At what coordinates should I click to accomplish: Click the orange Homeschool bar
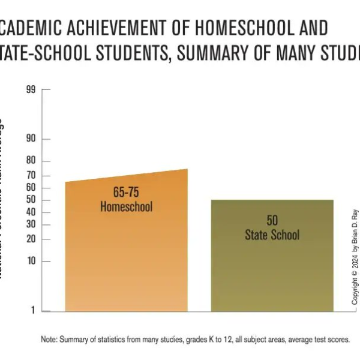point(126,258)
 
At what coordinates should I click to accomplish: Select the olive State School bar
point(272,270)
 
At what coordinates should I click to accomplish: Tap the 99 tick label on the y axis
point(31,90)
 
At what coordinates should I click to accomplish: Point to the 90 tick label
point(31,139)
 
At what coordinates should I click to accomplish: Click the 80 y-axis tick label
point(31,161)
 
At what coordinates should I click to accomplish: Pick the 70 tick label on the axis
point(31,176)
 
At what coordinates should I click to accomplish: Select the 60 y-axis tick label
point(31,188)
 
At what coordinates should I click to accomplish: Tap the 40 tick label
point(31,212)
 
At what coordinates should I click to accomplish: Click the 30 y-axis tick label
point(31,224)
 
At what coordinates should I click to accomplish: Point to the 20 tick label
point(31,239)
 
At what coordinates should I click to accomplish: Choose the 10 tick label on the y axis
point(31,262)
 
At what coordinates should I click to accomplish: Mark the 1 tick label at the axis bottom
point(33,311)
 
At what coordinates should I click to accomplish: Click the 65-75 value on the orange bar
point(126,193)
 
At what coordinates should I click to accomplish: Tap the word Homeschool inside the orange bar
point(126,207)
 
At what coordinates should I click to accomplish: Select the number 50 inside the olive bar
point(272,221)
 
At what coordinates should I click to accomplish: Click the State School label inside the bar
point(272,235)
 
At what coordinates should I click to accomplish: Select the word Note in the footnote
point(49,340)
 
